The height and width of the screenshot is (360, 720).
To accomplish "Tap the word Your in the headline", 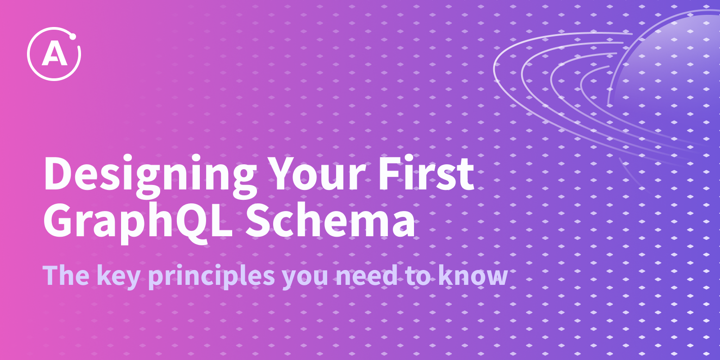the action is coord(318,174).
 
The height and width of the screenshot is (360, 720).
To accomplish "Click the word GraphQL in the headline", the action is coord(138,222).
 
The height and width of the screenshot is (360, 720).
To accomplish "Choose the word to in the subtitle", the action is coord(418,276).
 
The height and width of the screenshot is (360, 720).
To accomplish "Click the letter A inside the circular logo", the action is coord(54,54).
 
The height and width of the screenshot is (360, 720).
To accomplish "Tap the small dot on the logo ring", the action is coord(72,36).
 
